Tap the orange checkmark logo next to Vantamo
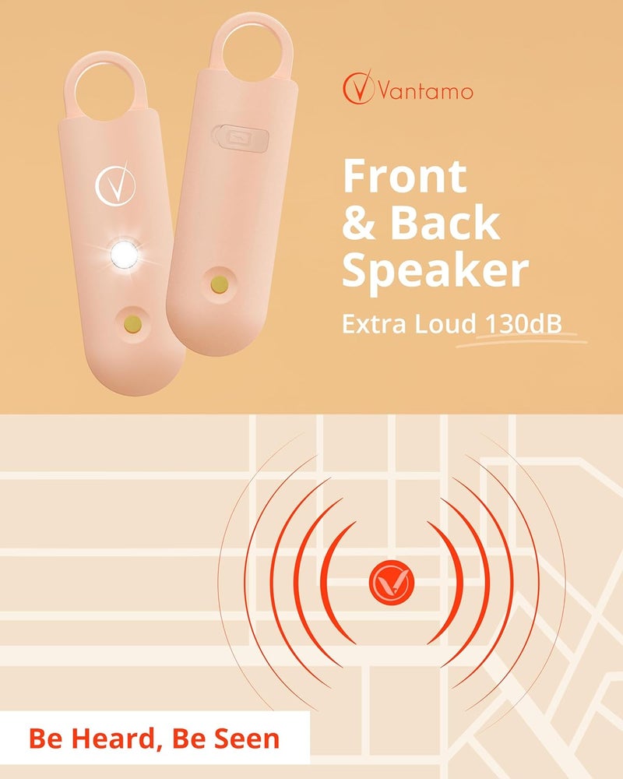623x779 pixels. point(361,88)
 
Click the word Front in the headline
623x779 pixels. point(404,177)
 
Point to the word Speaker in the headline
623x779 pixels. point(435,270)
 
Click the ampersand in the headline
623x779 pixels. point(358,224)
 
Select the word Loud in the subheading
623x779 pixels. point(441,322)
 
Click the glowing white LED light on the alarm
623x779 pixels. point(125,253)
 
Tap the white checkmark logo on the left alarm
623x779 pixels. point(112,185)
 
